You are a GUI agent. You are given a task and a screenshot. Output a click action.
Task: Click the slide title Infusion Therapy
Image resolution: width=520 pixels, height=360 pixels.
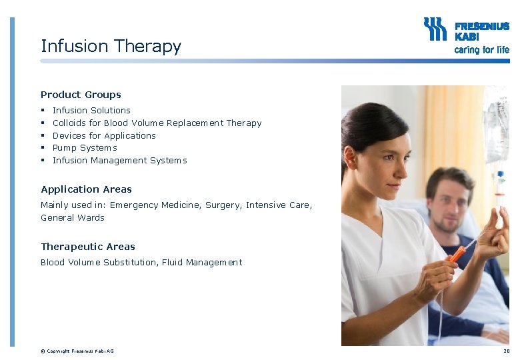pos(111,46)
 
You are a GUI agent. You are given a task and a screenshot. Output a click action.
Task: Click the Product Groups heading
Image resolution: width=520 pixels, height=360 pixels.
pos(81,95)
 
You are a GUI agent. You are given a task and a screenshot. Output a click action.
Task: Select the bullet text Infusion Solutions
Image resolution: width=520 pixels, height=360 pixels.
pos(91,110)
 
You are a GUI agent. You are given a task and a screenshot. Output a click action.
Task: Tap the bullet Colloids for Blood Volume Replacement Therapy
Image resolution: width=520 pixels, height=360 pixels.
pos(157,123)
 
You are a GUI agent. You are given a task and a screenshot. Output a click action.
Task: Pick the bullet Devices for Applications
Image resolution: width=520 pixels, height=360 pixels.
pos(104,135)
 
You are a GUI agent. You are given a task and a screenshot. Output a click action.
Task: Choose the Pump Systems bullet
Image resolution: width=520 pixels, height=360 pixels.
pos(85,148)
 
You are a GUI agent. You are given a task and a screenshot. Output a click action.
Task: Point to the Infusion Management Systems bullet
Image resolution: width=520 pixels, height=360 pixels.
pos(119,160)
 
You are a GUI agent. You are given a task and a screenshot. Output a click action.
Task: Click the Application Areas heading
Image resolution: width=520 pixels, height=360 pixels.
pos(86,189)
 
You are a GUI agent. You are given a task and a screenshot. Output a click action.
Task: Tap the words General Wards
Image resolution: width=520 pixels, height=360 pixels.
pos(73,218)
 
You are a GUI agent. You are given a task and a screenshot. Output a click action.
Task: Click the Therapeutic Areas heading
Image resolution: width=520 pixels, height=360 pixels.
pos(87,247)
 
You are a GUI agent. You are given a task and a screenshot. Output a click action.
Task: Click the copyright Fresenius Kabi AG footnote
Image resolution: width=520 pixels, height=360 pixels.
pos(77,351)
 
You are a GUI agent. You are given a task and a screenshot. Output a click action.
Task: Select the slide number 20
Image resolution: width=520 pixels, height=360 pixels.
pos(507,351)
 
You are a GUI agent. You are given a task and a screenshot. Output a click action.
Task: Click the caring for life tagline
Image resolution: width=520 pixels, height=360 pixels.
pos(481,50)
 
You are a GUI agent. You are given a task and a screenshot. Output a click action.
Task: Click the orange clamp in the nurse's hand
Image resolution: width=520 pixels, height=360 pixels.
pos(457,254)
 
